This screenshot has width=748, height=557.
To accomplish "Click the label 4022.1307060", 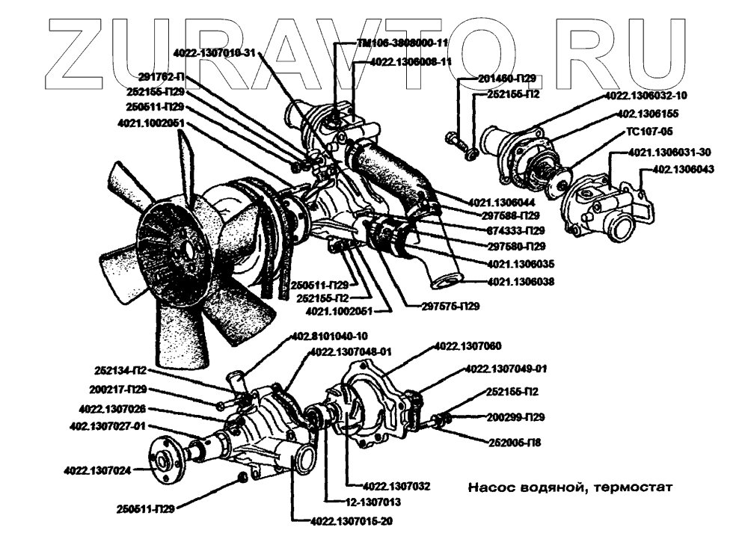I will pos(467,345).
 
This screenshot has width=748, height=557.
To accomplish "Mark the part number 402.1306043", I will pos(684,169).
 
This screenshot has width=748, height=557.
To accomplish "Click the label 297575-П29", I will pos(450,306).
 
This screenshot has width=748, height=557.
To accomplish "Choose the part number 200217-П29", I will pos(114,390).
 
